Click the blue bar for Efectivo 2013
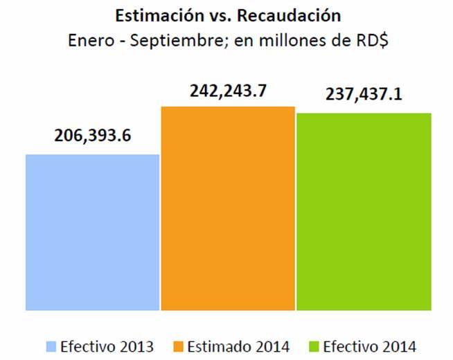[x=93, y=232]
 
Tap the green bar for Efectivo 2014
[x=364, y=211]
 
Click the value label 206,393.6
[x=93, y=136]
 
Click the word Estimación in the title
[x=152, y=15]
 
